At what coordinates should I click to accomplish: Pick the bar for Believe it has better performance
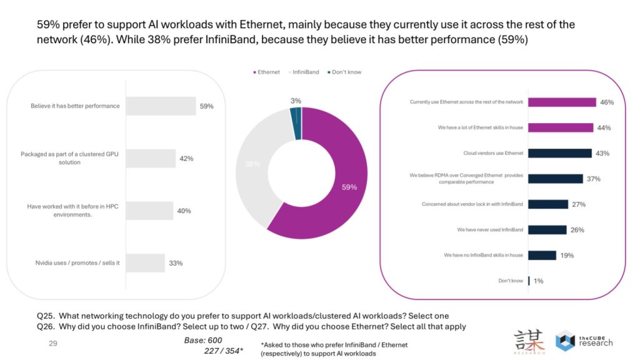pos(161,106)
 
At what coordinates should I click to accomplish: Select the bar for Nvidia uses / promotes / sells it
pos(145,263)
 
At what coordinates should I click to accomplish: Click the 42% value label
pos(186,159)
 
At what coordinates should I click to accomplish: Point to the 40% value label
pos(184,211)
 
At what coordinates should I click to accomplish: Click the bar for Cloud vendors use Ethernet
pos(559,153)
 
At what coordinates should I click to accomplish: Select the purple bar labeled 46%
pos(561,102)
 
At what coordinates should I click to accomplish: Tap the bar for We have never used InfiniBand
pos(547,230)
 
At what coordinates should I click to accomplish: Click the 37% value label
pos(593,179)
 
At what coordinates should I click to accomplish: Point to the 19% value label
pos(567,256)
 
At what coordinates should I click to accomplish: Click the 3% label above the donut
pos(296,101)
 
